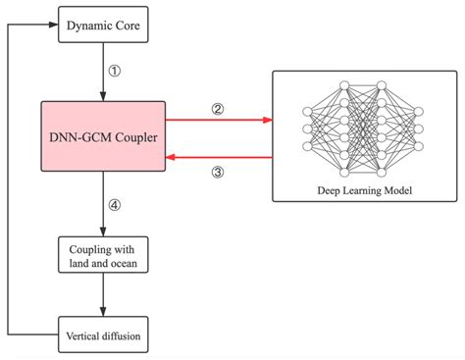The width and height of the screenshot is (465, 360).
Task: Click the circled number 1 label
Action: click(114, 72)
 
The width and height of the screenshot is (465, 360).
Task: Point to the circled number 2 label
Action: click(218, 110)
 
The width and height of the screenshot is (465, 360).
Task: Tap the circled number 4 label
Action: click(114, 206)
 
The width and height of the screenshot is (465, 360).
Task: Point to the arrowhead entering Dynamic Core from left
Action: click(55, 25)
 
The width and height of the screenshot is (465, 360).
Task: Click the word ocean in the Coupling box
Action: click(127, 263)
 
